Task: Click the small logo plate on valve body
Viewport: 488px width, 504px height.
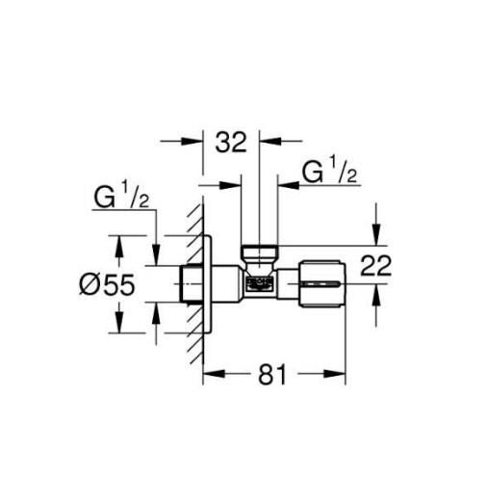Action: click(x=259, y=283)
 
